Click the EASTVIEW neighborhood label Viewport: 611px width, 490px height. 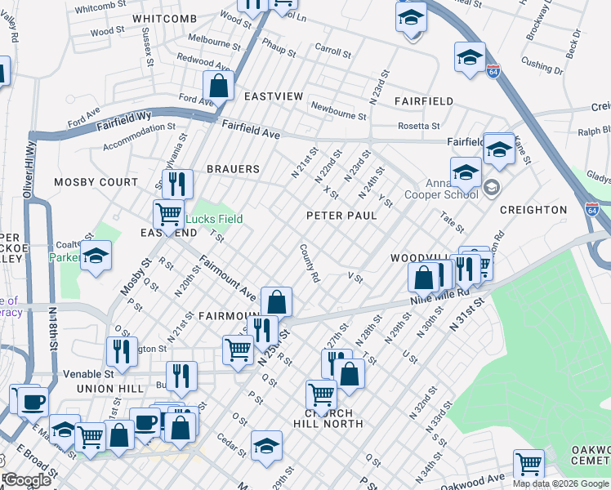274,96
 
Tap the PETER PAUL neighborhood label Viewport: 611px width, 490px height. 341,216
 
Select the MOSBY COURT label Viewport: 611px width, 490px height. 96,182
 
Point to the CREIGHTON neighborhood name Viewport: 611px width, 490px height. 533,210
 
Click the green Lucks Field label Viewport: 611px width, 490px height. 213,219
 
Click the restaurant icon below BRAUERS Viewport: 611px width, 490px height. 177,184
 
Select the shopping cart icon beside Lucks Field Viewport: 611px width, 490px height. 168,215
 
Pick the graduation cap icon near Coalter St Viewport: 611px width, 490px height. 96,257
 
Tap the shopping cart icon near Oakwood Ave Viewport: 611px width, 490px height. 528,464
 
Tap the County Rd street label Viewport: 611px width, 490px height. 309,263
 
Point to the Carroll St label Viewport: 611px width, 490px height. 332,52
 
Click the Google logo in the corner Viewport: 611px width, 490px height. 27,480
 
